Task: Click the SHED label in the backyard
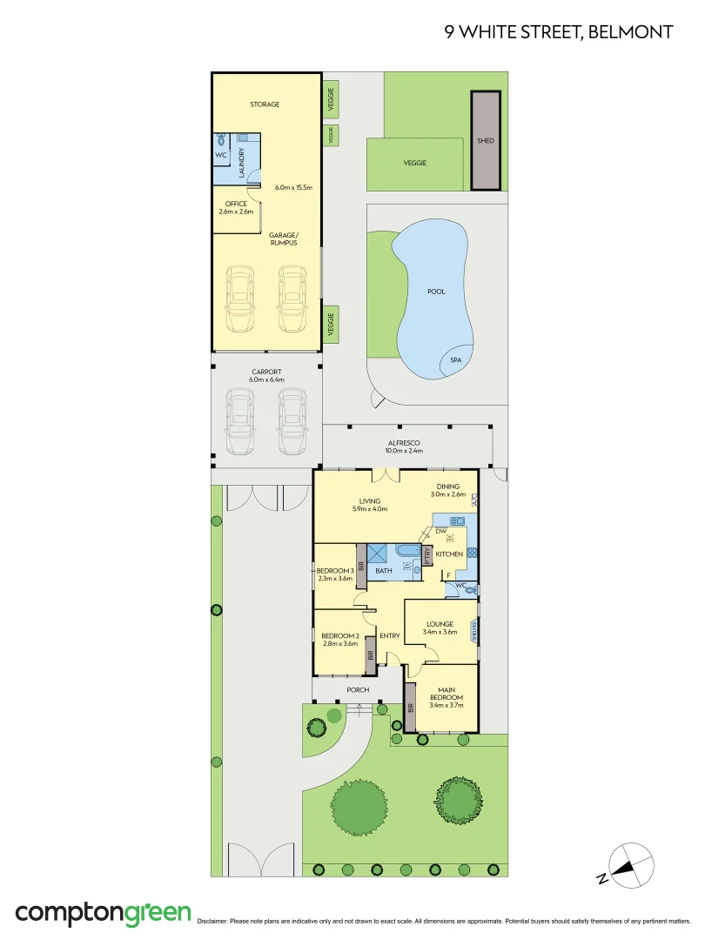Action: coord(486,140)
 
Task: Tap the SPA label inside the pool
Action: coord(455,359)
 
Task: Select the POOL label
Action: coord(436,292)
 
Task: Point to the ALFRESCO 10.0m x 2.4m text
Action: coord(405,446)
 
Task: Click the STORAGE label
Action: coord(265,104)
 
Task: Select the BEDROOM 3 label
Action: coord(333,574)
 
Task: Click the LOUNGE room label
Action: coord(439,628)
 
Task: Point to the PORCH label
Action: coord(358,690)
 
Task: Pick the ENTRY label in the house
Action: coord(389,635)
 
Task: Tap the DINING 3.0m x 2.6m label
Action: coord(448,491)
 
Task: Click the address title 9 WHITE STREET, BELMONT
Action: coord(558,32)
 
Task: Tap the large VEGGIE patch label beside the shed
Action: coord(414,163)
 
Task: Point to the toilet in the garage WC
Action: coord(222,139)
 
